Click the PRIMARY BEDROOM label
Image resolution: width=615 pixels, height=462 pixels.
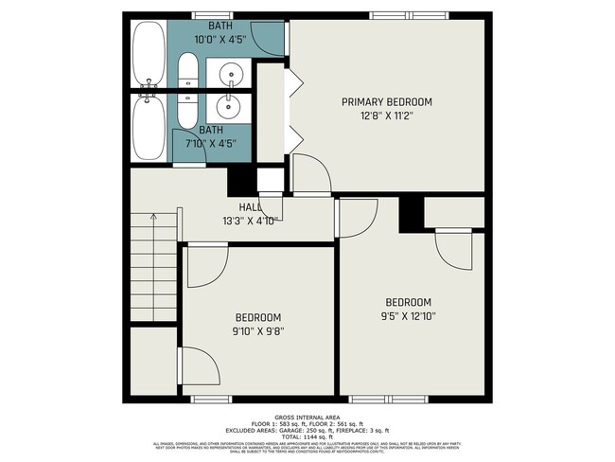[x=386, y=102]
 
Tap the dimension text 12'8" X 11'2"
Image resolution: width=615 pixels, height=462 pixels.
[x=386, y=115]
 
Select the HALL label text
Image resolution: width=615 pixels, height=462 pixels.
[x=250, y=207]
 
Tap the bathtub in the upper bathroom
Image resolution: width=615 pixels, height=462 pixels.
[x=147, y=52]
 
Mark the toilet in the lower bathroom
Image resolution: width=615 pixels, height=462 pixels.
[x=187, y=107]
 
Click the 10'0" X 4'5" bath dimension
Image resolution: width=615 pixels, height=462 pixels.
[x=220, y=40]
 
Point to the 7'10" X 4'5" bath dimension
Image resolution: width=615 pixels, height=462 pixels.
[x=211, y=144]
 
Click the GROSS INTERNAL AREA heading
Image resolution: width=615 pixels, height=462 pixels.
[x=307, y=417]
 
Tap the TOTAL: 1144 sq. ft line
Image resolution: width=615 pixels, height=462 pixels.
[x=307, y=436]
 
